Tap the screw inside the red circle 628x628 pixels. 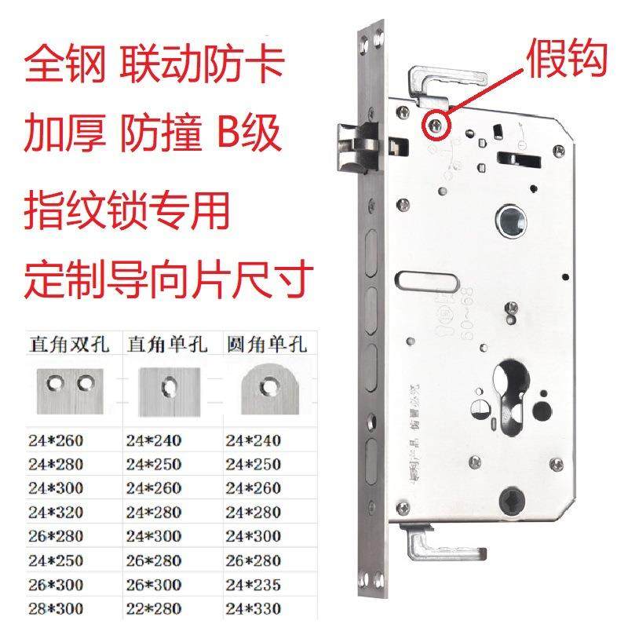tap(434, 123)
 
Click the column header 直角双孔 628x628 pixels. tap(70, 343)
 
